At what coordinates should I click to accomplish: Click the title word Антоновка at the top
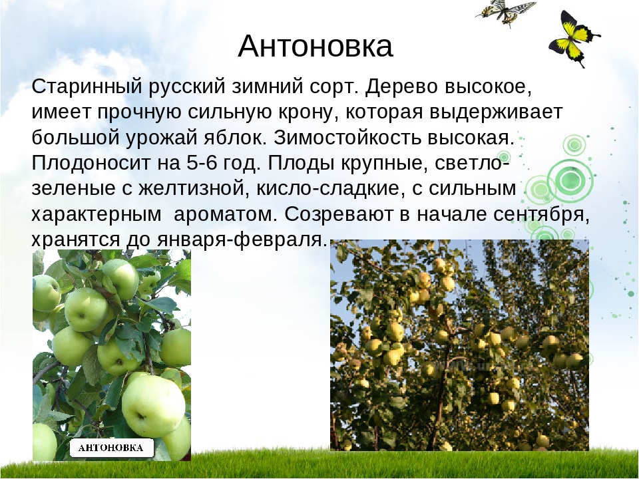point(315,46)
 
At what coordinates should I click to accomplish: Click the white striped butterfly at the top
point(505,11)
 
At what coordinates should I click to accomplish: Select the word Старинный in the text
point(87,86)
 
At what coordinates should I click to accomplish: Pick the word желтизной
point(194,188)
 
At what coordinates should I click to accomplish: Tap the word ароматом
point(226,214)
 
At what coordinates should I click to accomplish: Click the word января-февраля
point(242,239)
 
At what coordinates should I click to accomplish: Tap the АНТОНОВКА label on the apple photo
point(111,448)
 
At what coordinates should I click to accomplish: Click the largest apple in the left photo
point(153,406)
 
